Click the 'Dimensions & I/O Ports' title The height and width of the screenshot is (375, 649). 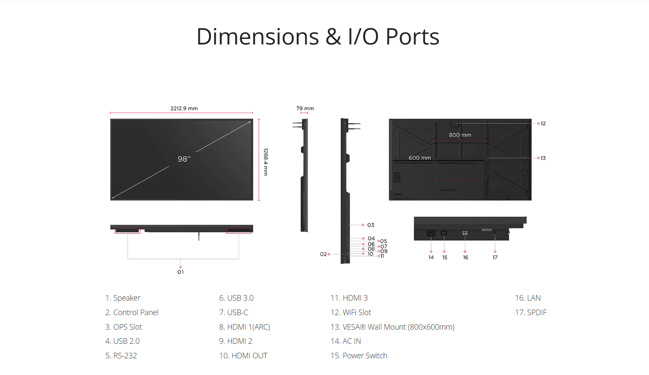tap(318, 37)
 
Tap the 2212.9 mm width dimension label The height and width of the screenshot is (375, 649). tap(184, 109)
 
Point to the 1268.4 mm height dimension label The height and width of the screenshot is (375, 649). tap(266, 162)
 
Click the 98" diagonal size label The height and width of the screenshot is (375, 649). tap(184, 159)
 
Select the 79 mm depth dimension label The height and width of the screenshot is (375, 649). tap(305, 109)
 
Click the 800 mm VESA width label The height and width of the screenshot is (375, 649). tap(460, 135)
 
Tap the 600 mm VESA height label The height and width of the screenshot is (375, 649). tap(420, 158)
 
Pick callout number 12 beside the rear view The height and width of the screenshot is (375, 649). tap(543, 124)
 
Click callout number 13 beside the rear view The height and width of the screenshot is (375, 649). tap(543, 158)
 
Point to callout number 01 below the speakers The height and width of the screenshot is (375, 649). tap(181, 272)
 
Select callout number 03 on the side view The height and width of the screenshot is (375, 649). tap(371, 225)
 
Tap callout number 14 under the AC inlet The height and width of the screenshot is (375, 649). tap(431, 257)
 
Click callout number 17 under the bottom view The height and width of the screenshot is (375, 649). tap(495, 257)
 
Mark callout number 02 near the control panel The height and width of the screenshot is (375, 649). tap(323, 254)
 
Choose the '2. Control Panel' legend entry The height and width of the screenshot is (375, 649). tap(132, 313)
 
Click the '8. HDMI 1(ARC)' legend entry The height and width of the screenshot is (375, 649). tap(245, 327)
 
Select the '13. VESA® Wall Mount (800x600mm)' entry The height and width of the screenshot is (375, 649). tap(392, 327)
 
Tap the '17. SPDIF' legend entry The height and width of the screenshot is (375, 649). tap(531, 313)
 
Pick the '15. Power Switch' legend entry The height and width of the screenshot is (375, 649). tap(359, 356)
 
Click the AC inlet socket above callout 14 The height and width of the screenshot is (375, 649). tap(431, 233)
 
